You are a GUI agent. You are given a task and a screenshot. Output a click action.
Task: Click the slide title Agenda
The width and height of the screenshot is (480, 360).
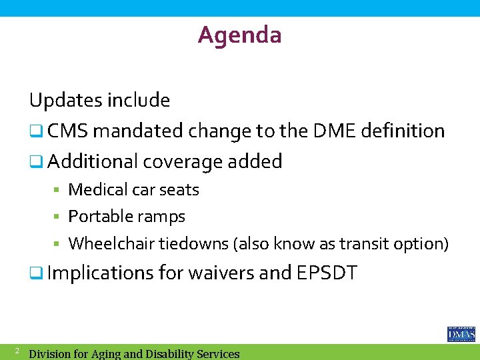(239, 35)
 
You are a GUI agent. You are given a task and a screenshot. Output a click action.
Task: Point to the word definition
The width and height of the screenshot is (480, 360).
(403, 131)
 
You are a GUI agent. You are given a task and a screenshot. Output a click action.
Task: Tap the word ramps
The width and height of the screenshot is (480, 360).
(163, 217)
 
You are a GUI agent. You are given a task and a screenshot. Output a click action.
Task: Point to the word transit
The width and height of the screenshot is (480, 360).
(363, 244)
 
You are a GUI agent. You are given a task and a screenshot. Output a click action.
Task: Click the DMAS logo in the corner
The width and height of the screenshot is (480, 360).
(461, 334)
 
